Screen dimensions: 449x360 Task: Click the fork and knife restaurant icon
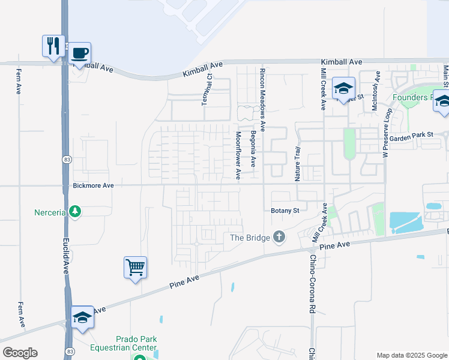click(x=52, y=44)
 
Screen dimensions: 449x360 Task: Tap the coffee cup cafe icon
click(x=80, y=52)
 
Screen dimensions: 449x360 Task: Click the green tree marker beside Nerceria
click(x=75, y=212)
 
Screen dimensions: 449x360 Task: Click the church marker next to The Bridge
click(x=279, y=237)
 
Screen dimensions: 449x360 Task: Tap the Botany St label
click(x=285, y=211)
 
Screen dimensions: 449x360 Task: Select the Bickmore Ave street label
click(x=91, y=186)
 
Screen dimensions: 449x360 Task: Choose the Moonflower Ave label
click(x=238, y=155)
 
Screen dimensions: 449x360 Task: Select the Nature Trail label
click(x=297, y=164)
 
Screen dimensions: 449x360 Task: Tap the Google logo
click(x=20, y=353)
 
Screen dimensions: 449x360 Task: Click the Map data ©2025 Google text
click(x=411, y=355)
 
